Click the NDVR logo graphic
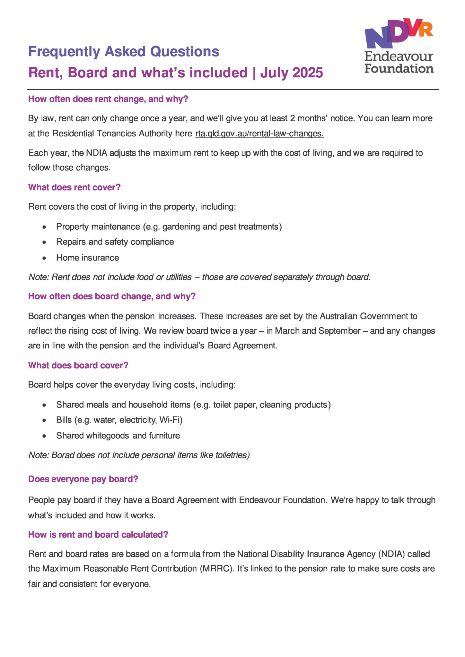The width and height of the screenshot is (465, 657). point(399,34)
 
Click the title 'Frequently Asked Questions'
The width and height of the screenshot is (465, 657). point(124,52)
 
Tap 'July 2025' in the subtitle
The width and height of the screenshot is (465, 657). point(291,73)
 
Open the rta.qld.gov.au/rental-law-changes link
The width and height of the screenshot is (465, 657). point(259,133)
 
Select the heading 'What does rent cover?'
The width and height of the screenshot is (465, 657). point(74,187)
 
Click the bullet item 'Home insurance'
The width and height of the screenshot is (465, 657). point(87,258)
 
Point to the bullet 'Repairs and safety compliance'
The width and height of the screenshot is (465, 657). point(115,242)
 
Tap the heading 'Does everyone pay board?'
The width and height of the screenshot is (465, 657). point(83,479)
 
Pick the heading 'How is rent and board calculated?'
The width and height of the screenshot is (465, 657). point(98,534)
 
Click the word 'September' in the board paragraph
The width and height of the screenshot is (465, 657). point(339,331)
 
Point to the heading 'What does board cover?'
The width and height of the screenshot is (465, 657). point(78,365)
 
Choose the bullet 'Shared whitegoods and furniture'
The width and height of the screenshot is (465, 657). point(118,436)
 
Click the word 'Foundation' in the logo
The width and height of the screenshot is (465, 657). point(399,69)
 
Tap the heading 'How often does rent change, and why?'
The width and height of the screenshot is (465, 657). point(108,99)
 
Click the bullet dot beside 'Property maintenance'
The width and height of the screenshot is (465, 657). point(44,227)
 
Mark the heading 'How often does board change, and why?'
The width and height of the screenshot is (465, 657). point(112,296)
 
